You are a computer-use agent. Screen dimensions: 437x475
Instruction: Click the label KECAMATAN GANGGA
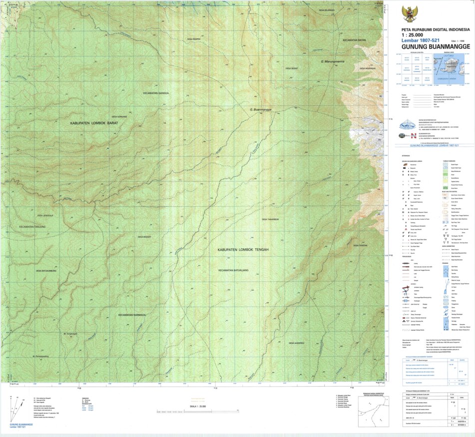pos(156,93)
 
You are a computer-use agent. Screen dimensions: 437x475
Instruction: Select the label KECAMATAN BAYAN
pos(355,40)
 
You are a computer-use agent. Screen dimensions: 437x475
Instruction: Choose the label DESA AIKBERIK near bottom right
pos(296,343)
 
